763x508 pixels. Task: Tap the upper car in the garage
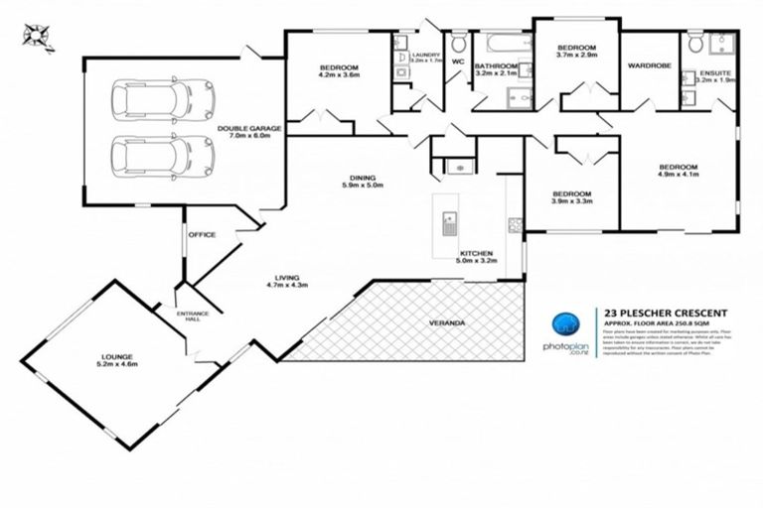point(152,99)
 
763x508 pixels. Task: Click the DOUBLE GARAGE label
point(250,128)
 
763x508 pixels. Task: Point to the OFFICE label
point(203,235)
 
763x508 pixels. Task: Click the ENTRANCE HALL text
point(193,317)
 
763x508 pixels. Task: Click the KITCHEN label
point(473,253)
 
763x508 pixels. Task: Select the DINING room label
point(362,178)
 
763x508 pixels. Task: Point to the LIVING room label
point(288,278)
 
